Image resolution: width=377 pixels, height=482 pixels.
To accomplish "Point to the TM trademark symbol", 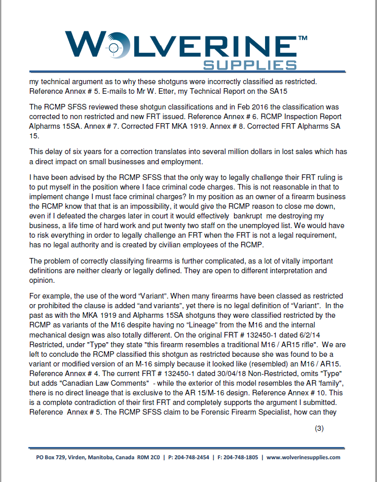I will click(x=301, y=38).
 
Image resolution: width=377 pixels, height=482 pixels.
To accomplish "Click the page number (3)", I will click(x=319, y=428).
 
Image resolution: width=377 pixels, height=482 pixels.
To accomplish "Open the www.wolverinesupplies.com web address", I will click(x=303, y=457).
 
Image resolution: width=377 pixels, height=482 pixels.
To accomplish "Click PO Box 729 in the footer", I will click(x=50, y=457).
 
